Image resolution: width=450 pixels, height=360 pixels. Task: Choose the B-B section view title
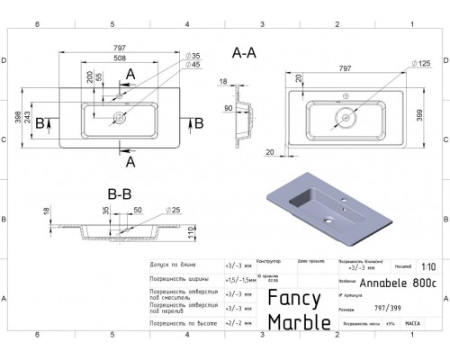(x=120, y=191)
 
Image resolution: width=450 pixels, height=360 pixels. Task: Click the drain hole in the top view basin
(x=119, y=116)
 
